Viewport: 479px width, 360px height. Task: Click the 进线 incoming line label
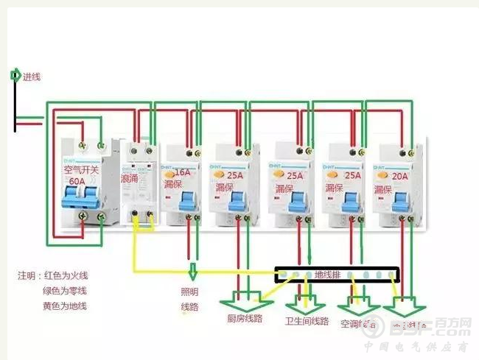[32, 77]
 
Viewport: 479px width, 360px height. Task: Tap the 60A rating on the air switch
[76, 180]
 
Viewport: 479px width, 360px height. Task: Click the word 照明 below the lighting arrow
[190, 292]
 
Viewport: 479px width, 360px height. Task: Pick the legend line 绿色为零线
[65, 291]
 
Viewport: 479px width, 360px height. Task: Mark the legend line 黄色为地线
[65, 306]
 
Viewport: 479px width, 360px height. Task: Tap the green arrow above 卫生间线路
[304, 301]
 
